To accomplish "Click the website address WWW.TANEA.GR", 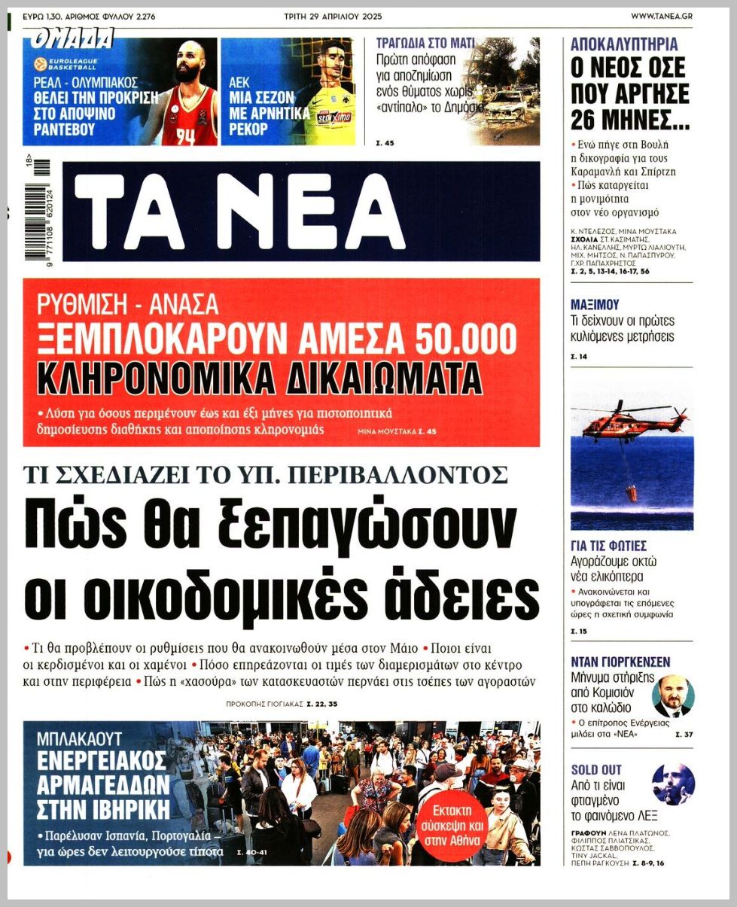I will (x=661, y=15).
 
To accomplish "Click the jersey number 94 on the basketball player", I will (x=185, y=136).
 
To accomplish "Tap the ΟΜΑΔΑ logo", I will (x=72, y=38).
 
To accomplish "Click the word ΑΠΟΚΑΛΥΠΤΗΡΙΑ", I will (x=624, y=44).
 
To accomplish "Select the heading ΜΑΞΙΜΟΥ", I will (x=595, y=305).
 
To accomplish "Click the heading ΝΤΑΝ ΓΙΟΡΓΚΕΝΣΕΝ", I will (x=620, y=662).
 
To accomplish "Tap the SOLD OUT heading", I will (x=595, y=769).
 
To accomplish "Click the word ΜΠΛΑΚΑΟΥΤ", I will (x=79, y=738).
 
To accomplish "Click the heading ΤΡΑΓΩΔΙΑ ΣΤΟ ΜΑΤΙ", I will (x=425, y=44).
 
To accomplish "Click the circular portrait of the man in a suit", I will (x=672, y=695).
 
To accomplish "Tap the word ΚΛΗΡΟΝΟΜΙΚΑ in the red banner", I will (x=152, y=378).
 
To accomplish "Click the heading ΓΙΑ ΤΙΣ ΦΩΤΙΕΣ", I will (x=608, y=546).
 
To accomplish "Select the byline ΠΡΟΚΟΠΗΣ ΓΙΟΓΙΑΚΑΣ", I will (x=264, y=705).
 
